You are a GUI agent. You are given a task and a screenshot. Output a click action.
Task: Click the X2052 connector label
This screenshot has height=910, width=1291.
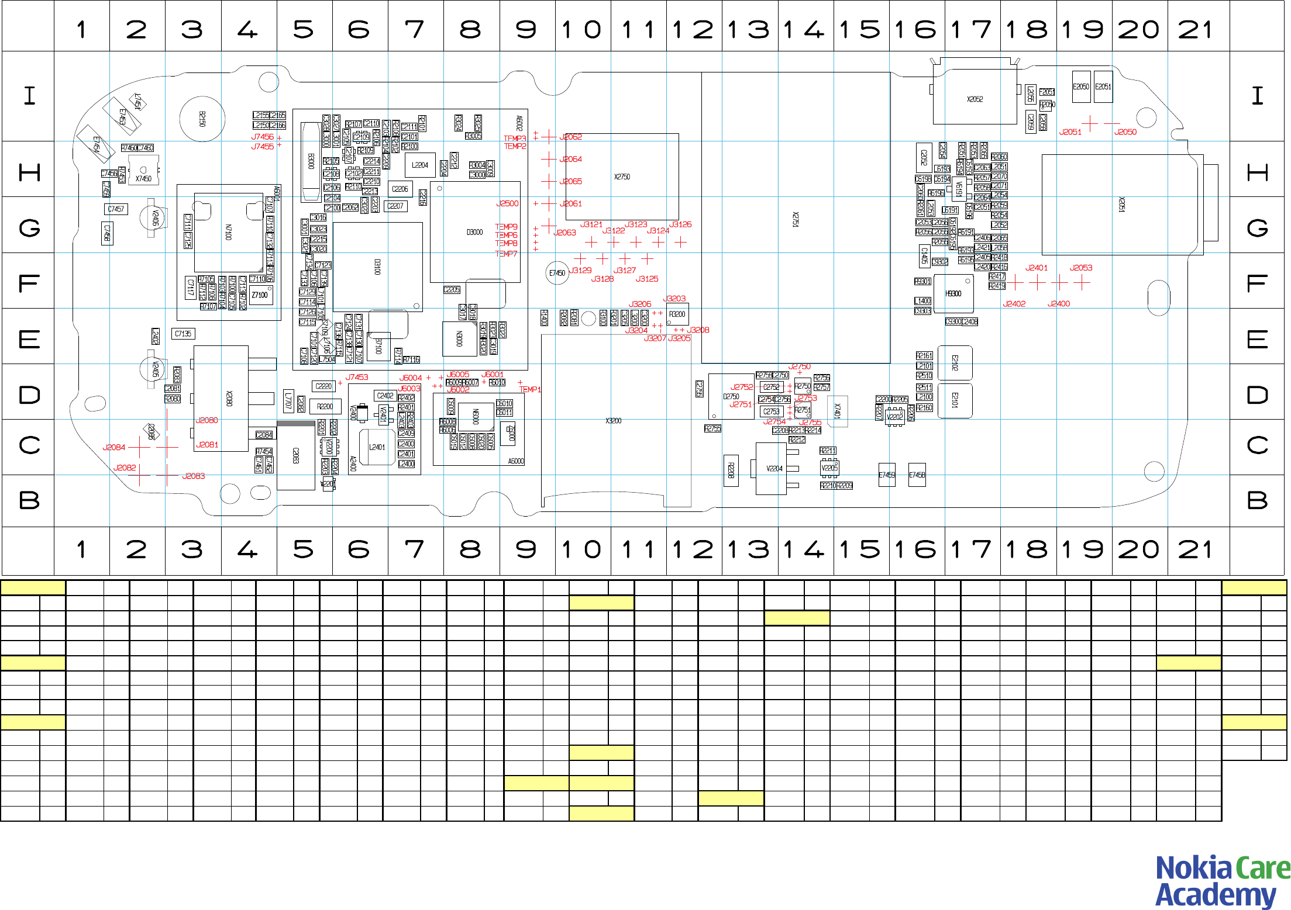pyautogui.click(x=975, y=99)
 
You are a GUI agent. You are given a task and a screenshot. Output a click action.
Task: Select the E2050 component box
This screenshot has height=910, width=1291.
pyautogui.click(x=1080, y=86)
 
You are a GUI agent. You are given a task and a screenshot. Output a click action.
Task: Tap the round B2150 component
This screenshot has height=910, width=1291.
pyautogui.click(x=202, y=119)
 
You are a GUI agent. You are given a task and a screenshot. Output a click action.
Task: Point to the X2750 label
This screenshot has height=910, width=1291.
pyautogui.click(x=622, y=177)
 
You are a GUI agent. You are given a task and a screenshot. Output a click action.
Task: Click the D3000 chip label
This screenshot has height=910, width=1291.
pyautogui.click(x=474, y=232)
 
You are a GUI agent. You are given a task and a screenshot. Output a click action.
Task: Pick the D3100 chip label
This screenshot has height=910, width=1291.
pyautogui.click(x=377, y=267)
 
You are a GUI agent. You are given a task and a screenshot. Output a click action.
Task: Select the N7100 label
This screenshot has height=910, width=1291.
pyautogui.click(x=228, y=232)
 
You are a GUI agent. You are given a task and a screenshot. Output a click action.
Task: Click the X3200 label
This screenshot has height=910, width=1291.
pyautogui.click(x=613, y=421)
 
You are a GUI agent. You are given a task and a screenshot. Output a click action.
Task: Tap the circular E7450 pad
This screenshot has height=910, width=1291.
pyautogui.click(x=557, y=273)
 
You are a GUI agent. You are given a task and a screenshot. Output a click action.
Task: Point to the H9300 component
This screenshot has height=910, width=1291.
pyautogui.click(x=953, y=293)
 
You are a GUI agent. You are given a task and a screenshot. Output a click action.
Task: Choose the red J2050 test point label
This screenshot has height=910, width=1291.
pyautogui.click(x=1125, y=132)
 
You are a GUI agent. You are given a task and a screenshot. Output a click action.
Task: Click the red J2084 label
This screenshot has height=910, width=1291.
pyautogui.click(x=113, y=447)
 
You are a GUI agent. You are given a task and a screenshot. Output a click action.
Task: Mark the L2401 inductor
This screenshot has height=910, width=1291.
pyautogui.click(x=377, y=447)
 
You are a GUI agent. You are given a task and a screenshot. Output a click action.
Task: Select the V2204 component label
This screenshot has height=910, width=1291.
pyautogui.click(x=774, y=468)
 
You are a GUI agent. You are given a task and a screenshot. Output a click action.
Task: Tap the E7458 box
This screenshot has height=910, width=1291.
pyautogui.click(x=917, y=475)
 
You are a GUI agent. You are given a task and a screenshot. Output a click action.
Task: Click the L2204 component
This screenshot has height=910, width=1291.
pyautogui.click(x=419, y=165)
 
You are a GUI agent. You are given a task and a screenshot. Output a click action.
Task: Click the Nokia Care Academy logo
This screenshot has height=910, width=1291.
pyautogui.click(x=1222, y=881)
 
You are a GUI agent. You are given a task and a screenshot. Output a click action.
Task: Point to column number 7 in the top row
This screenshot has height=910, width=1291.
pyautogui.click(x=415, y=29)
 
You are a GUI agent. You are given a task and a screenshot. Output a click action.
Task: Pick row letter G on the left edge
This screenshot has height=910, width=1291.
pyautogui.click(x=29, y=227)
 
